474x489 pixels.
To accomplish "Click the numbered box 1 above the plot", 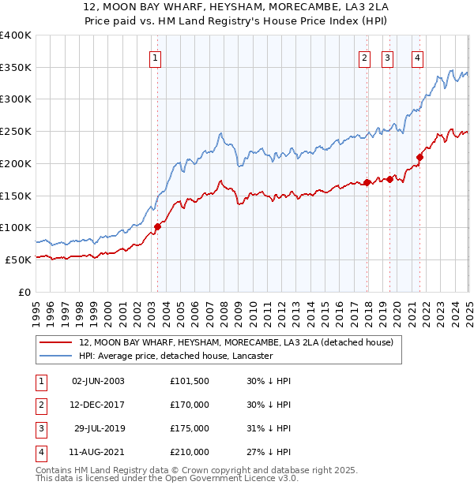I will click(155, 57).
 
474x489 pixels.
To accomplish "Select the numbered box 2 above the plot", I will click(364, 57).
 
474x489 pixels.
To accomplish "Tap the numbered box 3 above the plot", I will click(388, 57).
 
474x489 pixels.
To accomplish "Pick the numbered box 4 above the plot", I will click(417, 57).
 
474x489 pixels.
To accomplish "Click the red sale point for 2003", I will click(157, 226).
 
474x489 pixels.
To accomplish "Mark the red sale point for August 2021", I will click(419, 157).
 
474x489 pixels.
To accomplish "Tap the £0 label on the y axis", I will click(24, 291).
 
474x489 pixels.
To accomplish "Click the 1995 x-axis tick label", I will click(36, 315).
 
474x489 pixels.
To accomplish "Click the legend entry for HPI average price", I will click(175, 356).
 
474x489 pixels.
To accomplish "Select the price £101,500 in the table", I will click(190, 381).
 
